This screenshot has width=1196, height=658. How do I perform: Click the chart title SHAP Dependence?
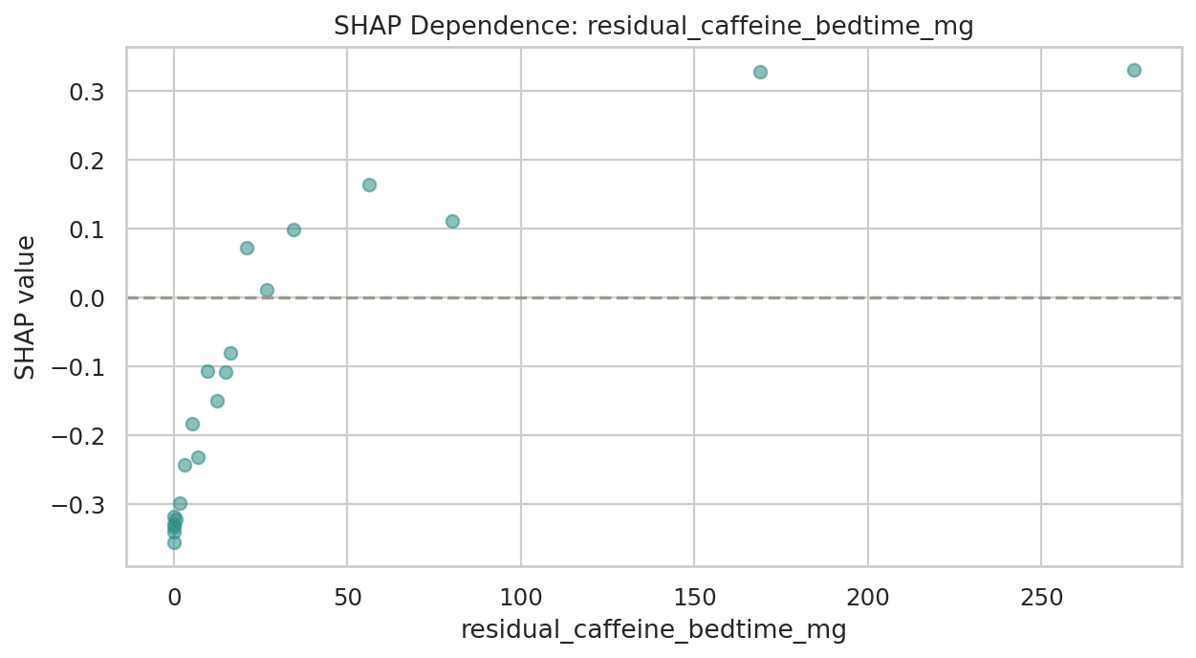click(x=653, y=27)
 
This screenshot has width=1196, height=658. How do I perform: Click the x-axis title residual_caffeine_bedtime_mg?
click(x=653, y=631)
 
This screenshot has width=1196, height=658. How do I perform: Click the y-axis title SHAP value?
click(x=26, y=307)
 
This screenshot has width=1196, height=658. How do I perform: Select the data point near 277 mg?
click(x=1134, y=70)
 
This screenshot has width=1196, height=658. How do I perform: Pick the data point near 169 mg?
click(x=760, y=72)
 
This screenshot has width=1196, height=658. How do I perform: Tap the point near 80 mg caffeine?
click(x=452, y=221)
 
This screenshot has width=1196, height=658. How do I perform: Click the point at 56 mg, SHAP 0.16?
click(x=369, y=185)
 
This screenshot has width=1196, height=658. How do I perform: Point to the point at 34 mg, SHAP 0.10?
click(x=294, y=230)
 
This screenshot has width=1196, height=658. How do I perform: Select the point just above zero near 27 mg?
click(x=267, y=290)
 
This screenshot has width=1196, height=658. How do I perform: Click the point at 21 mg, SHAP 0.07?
click(x=247, y=248)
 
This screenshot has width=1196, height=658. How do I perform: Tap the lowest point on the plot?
click(x=174, y=542)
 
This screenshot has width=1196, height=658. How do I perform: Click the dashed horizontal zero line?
click(x=621, y=297)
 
